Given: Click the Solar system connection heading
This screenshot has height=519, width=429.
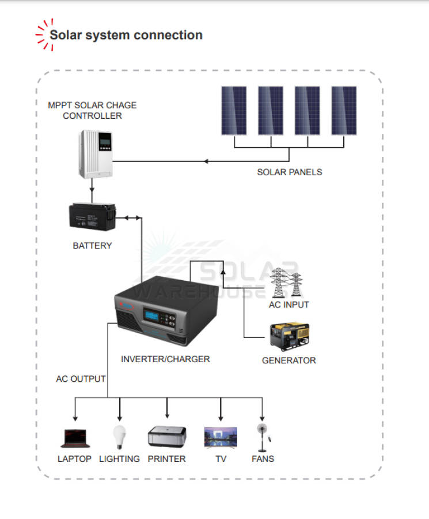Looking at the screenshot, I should pos(126,35).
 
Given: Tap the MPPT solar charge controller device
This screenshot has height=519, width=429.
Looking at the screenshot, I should pos(96,153).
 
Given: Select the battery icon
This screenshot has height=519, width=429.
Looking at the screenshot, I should pos(92,218).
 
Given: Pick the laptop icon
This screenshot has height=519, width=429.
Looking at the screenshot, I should pos(74,438).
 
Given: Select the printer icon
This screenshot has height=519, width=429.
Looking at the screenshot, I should pos(166,437).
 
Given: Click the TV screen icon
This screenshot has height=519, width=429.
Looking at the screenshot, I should pos(221,438).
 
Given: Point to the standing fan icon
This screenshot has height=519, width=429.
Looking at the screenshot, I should pos(263,438).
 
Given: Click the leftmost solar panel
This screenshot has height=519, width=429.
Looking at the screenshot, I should pos(234,111).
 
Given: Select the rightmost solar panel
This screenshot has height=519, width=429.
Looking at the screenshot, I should pos(344,111).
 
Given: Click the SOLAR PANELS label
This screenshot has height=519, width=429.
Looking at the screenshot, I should pos(290,172).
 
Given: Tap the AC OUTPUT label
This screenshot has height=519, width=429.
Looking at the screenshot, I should pos(81,379).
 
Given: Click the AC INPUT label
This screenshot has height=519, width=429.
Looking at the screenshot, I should pos(289,304).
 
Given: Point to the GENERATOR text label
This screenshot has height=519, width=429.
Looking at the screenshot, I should pos(289,360).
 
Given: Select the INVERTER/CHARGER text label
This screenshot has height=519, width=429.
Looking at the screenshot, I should pos(165,359).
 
